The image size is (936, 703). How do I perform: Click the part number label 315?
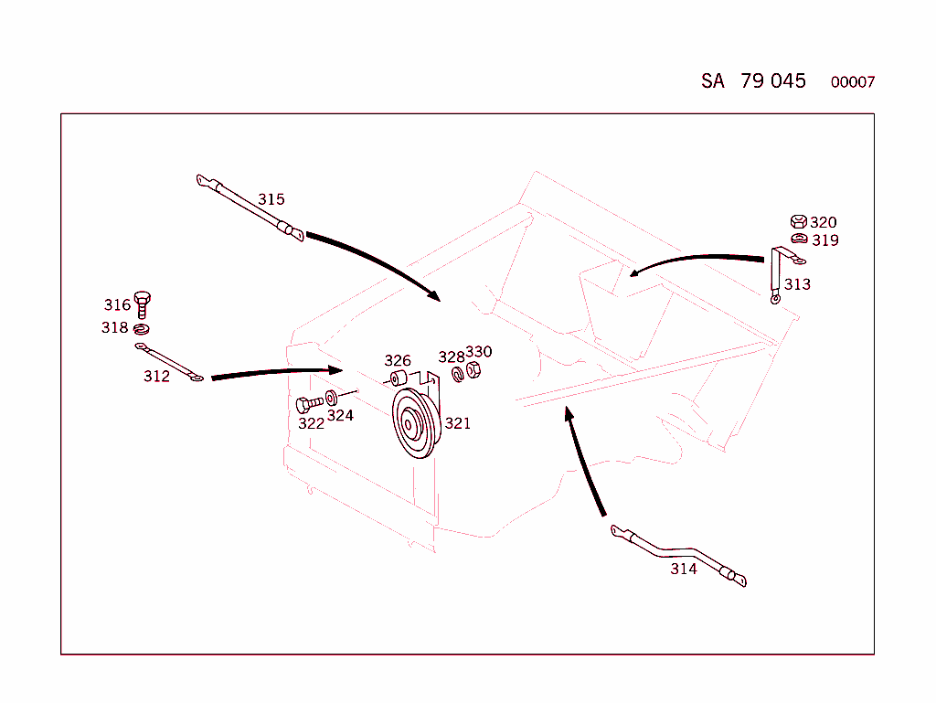(x=271, y=199)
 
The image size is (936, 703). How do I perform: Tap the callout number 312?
(x=156, y=376)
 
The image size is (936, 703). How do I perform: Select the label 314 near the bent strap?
(x=684, y=569)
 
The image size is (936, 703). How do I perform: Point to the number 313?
(x=797, y=284)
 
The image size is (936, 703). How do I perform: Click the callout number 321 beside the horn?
(x=458, y=423)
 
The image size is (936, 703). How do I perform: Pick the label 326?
(x=398, y=360)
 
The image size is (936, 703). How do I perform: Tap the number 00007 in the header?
(x=853, y=82)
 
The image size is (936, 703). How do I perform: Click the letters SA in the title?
(x=713, y=80)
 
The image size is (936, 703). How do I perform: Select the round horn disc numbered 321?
(x=416, y=423)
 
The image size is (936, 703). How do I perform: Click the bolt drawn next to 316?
(x=142, y=304)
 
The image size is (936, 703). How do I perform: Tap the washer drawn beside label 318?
(x=142, y=329)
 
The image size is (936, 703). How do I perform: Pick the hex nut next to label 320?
(x=799, y=222)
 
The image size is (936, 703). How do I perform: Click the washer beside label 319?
(x=799, y=239)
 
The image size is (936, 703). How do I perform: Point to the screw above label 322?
(x=309, y=404)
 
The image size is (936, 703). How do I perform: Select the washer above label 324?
(x=332, y=398)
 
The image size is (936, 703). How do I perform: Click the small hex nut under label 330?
(x=473, y=370)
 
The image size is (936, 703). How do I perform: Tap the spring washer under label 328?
(x=458, y=375)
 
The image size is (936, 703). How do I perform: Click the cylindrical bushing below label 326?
(x=399, y=378)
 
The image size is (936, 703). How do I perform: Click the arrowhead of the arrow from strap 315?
(x=435, y=294)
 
